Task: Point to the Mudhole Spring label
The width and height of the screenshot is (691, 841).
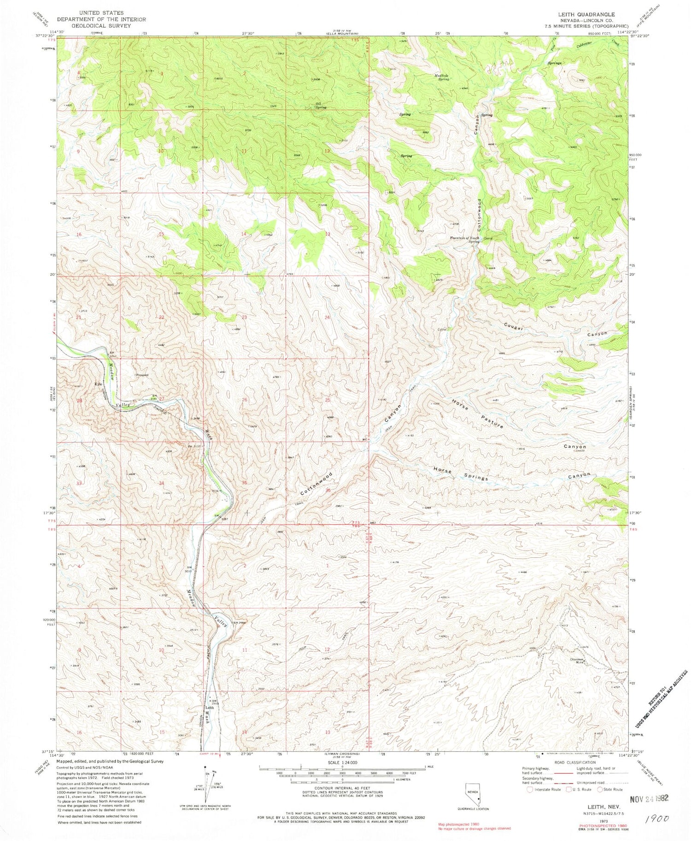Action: pos(441,76)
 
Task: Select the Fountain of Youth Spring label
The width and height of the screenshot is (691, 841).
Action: pos(465,239)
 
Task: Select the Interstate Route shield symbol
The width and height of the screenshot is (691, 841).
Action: pos(530,789)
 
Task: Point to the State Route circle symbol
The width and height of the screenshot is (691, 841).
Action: pos(600,789)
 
